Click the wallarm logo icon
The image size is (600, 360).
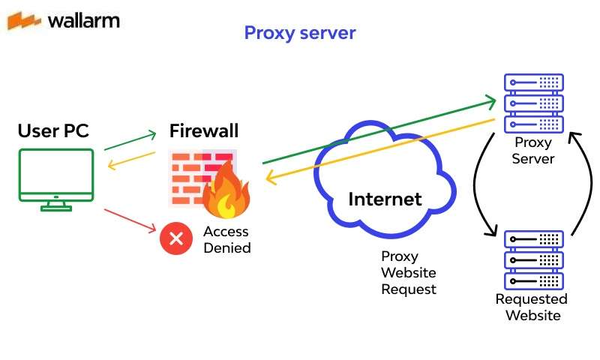click(x=24, y=20)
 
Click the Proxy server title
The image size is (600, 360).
click(x=299, y=33)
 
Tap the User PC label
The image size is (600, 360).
click(x=53, y=131)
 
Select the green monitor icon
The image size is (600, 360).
click(x=56, y=178)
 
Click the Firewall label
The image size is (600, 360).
click(x=204, y=131)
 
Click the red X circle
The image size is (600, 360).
click(x=176, y=239)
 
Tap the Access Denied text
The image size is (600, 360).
click(x=226, y=240)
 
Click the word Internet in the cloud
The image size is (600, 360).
click(x=385, y=199)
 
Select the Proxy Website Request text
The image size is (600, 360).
click(x=408, y=273)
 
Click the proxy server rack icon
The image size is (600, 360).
click(x=533, y=102)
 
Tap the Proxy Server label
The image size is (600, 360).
click(x=533, y=151)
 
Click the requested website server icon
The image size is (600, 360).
click(x=533, y=259)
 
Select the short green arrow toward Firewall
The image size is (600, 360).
click(x=130, y=142)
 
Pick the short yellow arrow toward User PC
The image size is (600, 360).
click(x=130, y=160)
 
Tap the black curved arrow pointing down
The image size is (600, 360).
click(x=478, y=187)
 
